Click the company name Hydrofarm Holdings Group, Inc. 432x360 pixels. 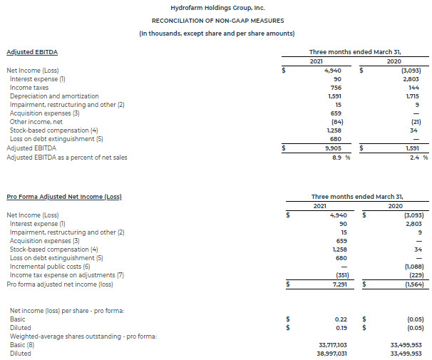pyautogui.click(x=215, y=6)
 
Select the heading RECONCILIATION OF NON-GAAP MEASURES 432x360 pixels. pyautogui.click(x=215, y=20)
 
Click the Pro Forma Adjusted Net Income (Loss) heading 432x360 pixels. pyautogui.click(x=63, y=195)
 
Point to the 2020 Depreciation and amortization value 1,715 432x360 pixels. pyautogui.click(x=413, y=96)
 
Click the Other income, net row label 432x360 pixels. pyautogui.click(x=36, y=121)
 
